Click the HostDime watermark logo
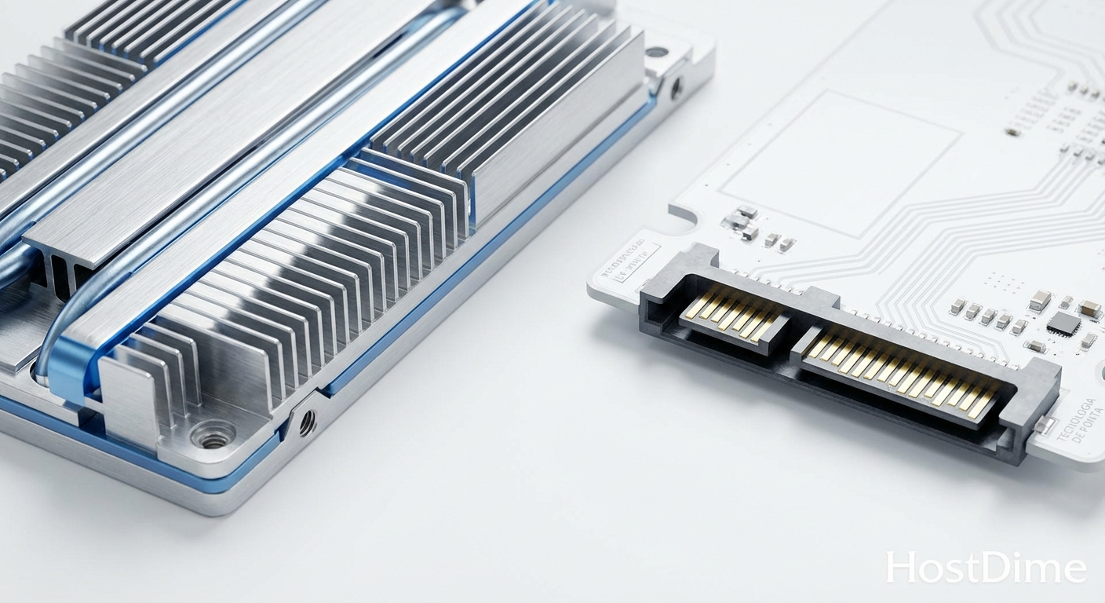[x=986, y=568]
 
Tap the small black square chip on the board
[x=1063, y=323]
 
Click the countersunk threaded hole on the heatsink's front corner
[x=213, y=434]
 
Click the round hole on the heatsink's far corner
[x=657, y=53]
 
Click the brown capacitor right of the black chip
[x=1089, y=309]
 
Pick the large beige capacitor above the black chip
[x=1040, y=300]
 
